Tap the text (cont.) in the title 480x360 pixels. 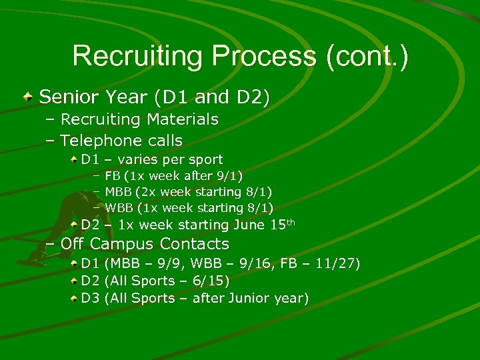(x=367, y=56)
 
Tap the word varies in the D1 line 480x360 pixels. (x=139, y=160)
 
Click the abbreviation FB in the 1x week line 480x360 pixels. (x=113, y=177)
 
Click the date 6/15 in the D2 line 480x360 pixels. (x=211, y=281)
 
